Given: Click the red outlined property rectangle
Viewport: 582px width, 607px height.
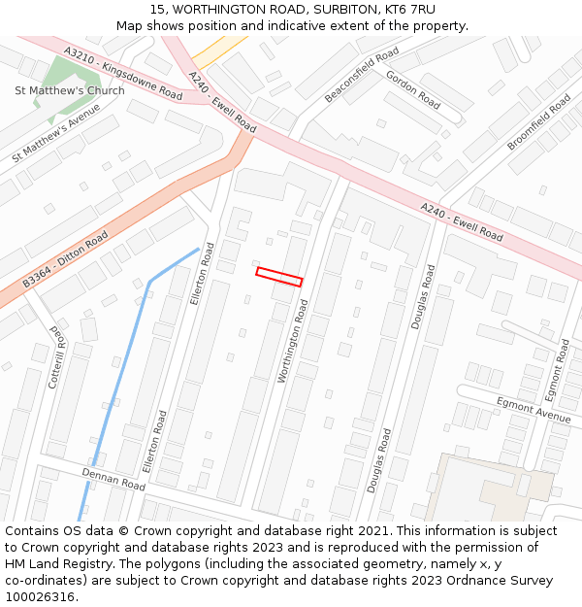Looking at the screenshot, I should [279, 277].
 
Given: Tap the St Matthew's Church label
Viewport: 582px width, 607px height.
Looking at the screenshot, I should [69, 91].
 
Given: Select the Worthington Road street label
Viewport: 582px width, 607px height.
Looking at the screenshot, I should [293, 340].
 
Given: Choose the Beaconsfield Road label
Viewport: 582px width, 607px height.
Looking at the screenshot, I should [362, 75].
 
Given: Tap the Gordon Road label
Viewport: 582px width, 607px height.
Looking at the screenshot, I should [412, 89].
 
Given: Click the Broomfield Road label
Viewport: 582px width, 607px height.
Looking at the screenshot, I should [538, 121].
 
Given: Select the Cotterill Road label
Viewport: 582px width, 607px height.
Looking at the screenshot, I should [55, 356].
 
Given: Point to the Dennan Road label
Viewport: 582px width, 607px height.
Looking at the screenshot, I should [113, 478].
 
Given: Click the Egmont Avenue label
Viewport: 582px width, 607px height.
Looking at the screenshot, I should [533, 408].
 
